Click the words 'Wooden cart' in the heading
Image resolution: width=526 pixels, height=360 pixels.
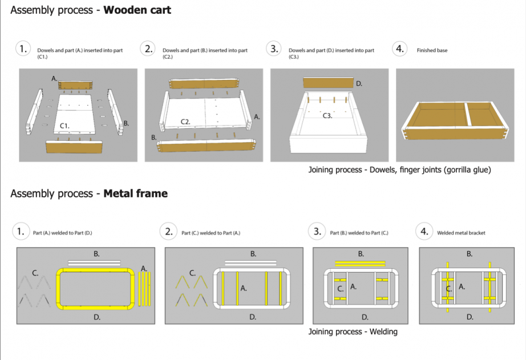[x=137, y=10]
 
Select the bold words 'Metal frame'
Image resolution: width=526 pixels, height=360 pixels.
[x=135, y=193]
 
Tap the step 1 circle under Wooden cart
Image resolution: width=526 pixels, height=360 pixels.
[x=23, y=49]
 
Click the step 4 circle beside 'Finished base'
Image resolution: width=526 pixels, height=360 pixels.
[x=400, y=49]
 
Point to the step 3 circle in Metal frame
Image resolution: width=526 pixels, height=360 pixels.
[x=317, y=231]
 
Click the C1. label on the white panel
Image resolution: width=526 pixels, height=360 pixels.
[x=65, y=126]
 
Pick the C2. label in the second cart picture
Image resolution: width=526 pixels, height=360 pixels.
[x=185, y=122]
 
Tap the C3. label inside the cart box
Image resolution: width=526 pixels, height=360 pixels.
[x=327, y=116]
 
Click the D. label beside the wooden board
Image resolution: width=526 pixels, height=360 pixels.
[x=359, y=83]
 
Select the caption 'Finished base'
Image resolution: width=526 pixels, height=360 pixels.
[x=432, y=51]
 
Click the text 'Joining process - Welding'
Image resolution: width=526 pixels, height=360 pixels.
[x=353, y=331]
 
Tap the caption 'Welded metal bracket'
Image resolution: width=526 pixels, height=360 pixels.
[x=460, y=233]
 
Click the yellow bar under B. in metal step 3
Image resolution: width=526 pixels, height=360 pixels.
[x=361, y=264]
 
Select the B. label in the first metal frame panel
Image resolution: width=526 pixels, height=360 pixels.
[x=96, y=254]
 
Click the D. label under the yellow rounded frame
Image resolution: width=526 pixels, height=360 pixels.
[x=96, y=317]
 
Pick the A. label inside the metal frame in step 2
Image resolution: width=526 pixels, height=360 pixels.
[x=244, y=288]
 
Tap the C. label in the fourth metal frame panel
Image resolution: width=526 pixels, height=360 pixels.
[x=448, y=289]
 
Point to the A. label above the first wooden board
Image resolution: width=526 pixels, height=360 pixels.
[x=54, y=78]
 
